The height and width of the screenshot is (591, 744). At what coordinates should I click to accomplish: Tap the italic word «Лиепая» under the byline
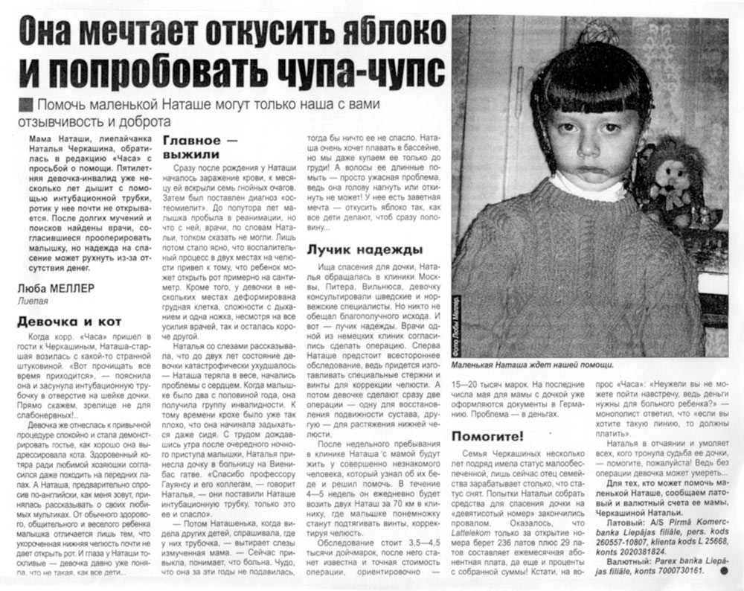tap(33, 301)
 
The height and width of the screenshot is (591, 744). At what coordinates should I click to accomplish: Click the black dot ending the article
tap(723, 571)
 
